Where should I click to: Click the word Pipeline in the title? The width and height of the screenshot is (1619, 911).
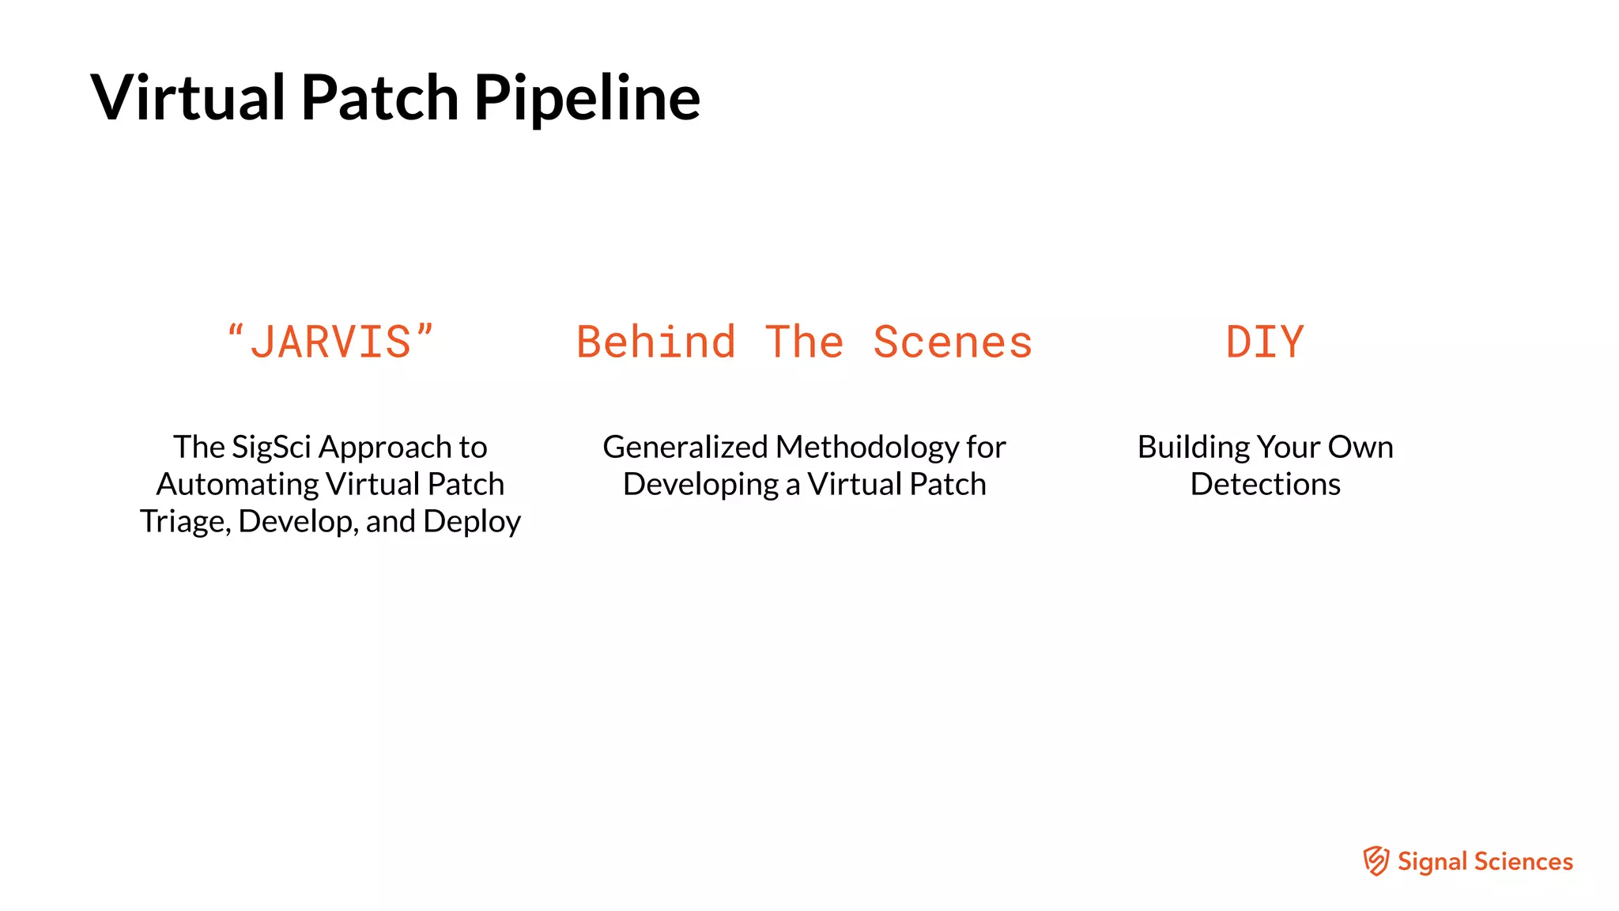pyautogui.click(x=587, y=98)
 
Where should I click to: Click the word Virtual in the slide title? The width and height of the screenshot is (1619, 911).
pyautogui.click(x=188, y=98)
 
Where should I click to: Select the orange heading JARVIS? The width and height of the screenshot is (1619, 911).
pyautogui.click(x=330, y=342)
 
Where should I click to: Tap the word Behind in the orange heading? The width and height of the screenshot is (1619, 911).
pyautogui.click(x=656, y=342)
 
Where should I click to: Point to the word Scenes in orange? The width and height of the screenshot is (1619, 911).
pyautogui.click(x=953, y=342)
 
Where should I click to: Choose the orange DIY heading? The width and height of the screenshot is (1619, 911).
pyautogui.click(x=1264, y=342)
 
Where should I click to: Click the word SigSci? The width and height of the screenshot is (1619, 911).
pyautogui.click(x=271, y=448)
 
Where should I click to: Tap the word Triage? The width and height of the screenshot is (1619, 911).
pyautogui.click(x=184, y=521)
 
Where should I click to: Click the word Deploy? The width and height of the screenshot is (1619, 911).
pyautogui.click(x=472, y=522)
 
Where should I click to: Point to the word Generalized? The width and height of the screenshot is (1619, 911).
pyautogui.click(x=685, y=448)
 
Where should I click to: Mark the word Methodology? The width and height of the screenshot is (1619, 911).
pyautogui.click(x=867, y=448)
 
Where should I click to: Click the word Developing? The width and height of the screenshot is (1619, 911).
pyautogui.click(x=700, y=484)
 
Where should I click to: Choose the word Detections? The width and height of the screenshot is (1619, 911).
pyautogui.click(x=1265, y=484)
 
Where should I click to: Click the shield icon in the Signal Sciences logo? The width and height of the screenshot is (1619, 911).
pyautogui.click(x=1376, y=861)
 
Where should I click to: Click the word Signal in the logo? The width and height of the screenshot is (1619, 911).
pyautogui.click(x=1432, y=861)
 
